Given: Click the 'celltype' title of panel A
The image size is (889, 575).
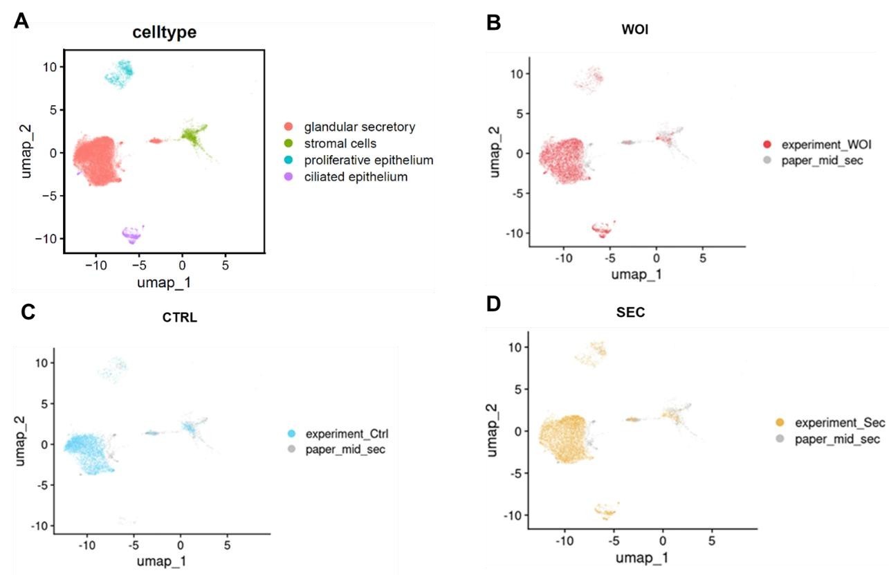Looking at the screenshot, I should pos(164,32).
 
